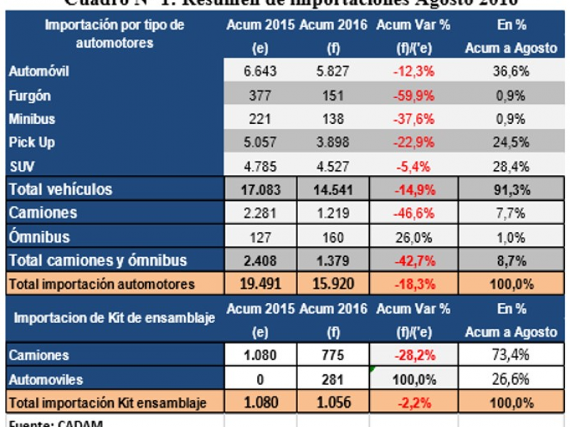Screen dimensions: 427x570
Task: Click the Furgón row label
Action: point(30,95)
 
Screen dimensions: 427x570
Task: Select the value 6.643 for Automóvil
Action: point(259,72)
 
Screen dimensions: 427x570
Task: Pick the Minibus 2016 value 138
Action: point(332,119)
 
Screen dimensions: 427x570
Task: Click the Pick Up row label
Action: point(32,142)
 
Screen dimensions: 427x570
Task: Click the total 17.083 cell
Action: point(259,190)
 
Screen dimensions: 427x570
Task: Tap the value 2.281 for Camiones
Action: point(259,213)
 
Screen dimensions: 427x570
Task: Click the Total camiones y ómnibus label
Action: point(97,260)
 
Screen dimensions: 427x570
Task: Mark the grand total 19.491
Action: point(259,285)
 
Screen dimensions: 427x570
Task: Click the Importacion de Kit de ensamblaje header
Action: point(112,318)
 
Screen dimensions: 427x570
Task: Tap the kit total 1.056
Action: point(332,403)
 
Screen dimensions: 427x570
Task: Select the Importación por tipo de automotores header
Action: point(114,33)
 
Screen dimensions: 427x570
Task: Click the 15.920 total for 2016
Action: point(332,285)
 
